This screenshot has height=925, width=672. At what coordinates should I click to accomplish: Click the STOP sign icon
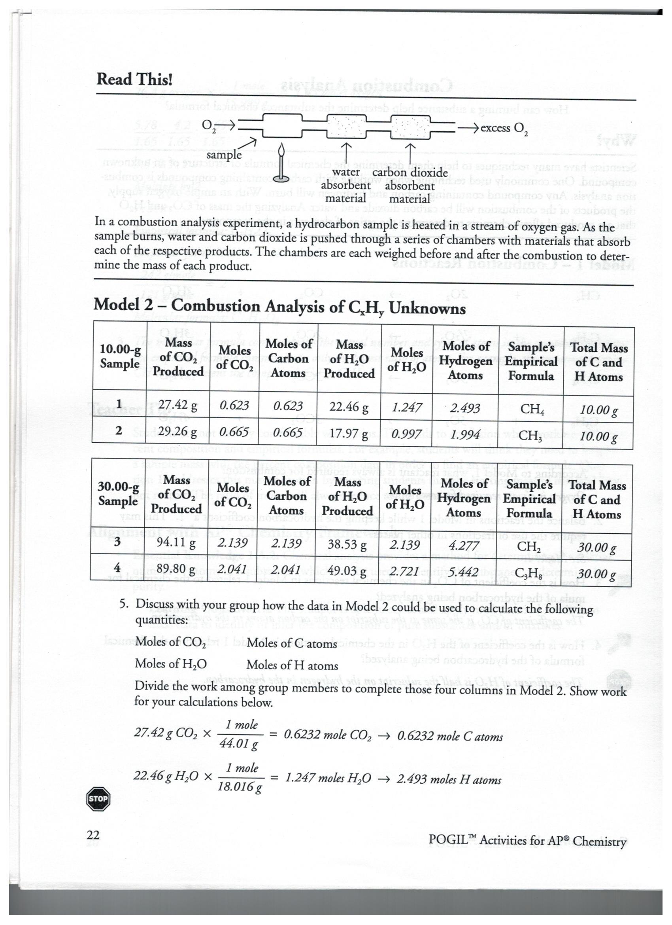tap(98, 798)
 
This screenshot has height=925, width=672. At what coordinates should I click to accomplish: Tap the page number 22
tap(93, 835)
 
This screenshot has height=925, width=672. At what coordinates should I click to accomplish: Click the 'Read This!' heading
tap(134, 79)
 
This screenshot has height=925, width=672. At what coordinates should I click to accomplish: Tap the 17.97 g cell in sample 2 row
tap(348, 433)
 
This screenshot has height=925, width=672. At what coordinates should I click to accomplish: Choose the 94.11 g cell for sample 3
tap(176, 543)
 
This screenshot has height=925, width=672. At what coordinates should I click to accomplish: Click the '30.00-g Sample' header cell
tap(118, 493)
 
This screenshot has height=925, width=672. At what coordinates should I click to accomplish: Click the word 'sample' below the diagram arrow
tap(224, 155)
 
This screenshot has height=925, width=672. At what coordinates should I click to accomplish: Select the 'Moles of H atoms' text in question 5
tap(292, 665)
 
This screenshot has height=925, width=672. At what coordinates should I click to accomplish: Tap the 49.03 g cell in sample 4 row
tap(347, 570)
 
